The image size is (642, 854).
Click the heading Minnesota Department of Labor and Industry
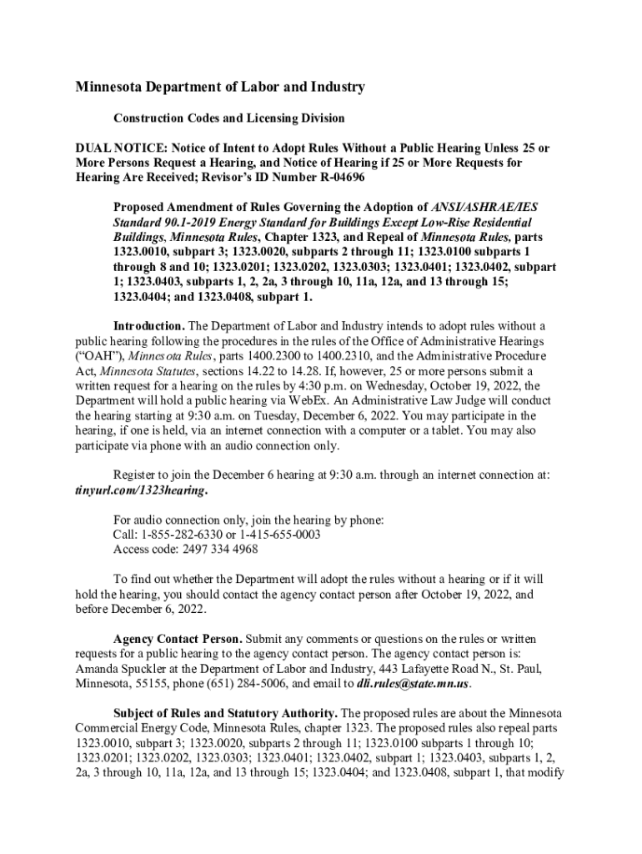[220, 87]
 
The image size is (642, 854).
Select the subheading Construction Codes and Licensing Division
[228, 118]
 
